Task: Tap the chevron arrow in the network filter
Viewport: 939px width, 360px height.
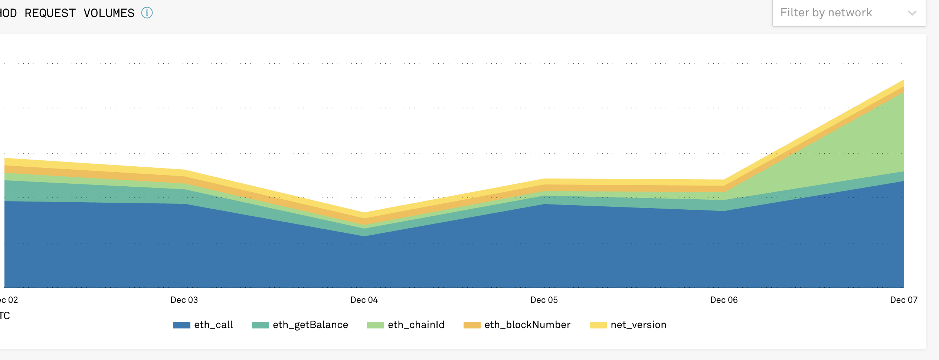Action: (x=912, y=13)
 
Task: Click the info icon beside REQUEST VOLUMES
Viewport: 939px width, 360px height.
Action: (x=147, y=13)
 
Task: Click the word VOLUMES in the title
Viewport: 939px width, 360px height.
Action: (x=109, y=13)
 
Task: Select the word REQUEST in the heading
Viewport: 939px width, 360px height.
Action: (x=50, y=13)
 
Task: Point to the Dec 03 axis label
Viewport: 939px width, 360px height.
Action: (x=184, y=300)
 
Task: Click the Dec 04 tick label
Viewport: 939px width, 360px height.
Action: (x=364, y=300)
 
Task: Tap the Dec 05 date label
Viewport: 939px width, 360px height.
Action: (x=544, y=300)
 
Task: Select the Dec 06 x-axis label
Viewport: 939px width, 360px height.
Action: (x=724, y=300)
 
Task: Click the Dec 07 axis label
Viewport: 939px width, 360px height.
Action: (x=904, y=300)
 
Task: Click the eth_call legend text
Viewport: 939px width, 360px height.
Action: (x=213, y=325)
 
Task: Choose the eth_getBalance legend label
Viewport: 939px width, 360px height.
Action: (x=310, y=325)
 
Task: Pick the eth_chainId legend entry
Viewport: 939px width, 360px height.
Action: (x=416, y=325)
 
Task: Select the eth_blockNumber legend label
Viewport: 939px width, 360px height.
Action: (x=527, y=325)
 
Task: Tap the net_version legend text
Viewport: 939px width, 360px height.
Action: (x=638, y=325)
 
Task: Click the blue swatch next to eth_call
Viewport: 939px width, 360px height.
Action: (x=182, y=325)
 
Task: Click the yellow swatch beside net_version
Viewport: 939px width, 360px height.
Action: (x=598, y=325)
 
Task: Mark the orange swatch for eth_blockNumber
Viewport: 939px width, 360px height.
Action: (x=472, y=325)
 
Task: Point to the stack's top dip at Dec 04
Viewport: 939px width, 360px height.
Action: (x=364, y=213)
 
